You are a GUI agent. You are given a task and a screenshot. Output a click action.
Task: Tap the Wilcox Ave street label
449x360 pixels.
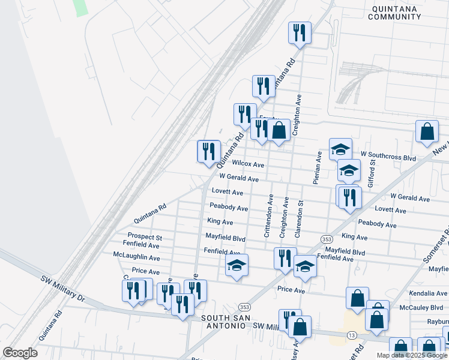click(248, 164)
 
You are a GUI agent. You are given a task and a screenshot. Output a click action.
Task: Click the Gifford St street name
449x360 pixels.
click(372, 171)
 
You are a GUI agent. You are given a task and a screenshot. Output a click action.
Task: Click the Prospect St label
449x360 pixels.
click(145, 238)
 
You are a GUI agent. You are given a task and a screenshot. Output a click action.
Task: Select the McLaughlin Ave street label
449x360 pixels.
click(136, 257)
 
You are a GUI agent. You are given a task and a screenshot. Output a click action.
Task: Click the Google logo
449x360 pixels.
click(20, 353)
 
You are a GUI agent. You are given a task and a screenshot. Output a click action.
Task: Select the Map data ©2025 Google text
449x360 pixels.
click(411, 355)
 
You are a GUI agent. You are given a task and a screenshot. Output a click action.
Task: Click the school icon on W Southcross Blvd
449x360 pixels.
click(340, 149)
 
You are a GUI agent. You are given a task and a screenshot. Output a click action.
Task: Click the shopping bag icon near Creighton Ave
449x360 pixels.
click(279, 130)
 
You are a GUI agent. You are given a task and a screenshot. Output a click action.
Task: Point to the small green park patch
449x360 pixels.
click(80, 7)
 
